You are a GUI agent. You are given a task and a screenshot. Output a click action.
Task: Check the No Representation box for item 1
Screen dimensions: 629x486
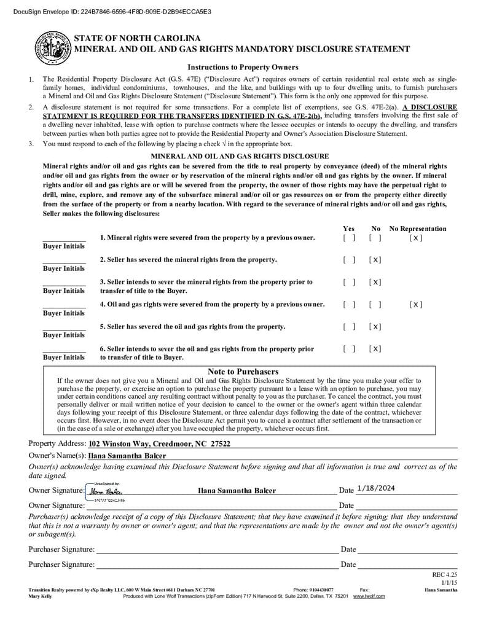(415, 238)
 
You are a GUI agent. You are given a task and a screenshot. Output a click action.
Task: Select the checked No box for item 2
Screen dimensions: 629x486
(375, 260)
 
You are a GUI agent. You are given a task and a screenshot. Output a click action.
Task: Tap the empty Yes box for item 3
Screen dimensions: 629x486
(349, 282)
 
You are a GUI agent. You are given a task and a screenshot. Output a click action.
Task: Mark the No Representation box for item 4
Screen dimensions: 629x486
(415, 304)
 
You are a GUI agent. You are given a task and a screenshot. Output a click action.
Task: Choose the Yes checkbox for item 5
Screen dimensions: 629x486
(349, 326)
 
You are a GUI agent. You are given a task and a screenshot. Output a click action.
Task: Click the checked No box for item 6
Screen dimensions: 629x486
(375, 349)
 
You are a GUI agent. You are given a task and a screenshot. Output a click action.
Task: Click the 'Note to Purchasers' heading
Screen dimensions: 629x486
(243, 372)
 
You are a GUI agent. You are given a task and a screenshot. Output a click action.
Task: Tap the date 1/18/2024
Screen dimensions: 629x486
(375, 488)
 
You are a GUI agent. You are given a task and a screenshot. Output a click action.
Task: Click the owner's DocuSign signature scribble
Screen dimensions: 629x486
(106, 491)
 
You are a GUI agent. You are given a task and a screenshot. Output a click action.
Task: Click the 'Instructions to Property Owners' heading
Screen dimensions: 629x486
(243, 67)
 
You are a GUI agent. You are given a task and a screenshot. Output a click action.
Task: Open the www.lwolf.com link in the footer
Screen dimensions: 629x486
(369, 596)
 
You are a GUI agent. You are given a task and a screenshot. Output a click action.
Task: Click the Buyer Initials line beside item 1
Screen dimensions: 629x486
(64, 240)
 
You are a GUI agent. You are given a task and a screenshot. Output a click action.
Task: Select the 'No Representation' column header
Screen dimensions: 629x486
(418, 229)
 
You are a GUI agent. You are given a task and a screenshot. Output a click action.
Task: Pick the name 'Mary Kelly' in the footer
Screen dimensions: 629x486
(41, 596)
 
